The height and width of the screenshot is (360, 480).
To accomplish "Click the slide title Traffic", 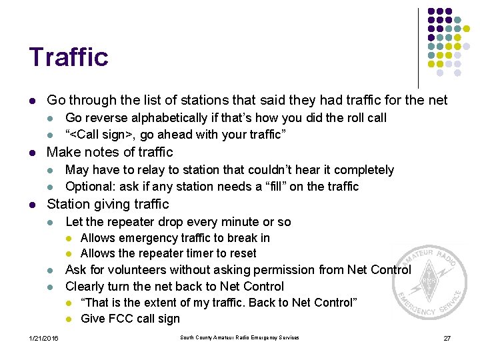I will point(68,57).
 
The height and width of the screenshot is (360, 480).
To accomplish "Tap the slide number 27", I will point(447,338).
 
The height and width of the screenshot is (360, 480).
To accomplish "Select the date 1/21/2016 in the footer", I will point(43,339).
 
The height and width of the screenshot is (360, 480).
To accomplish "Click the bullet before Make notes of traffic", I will point(32,153).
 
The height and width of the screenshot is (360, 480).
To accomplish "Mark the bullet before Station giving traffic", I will point(32,205).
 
